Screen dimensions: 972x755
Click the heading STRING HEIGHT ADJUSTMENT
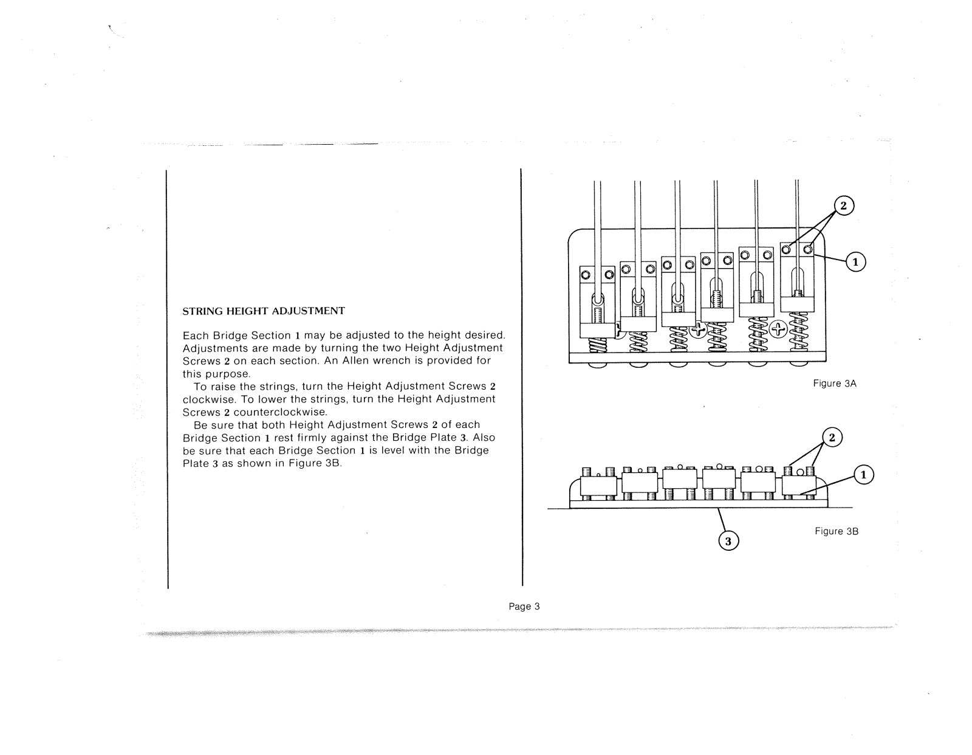tap(264, 311)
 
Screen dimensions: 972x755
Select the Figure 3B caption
tap(836, 531)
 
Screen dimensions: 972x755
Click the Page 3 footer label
tap(524, 606)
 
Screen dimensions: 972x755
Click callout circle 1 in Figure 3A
tap(856, 262)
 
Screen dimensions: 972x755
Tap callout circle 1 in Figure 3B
tap(863, 475)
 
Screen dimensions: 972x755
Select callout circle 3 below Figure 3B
tap(729, 540)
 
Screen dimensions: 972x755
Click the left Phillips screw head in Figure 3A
tap(698, 330)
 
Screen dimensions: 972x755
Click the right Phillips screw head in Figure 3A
tap(778, 330)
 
